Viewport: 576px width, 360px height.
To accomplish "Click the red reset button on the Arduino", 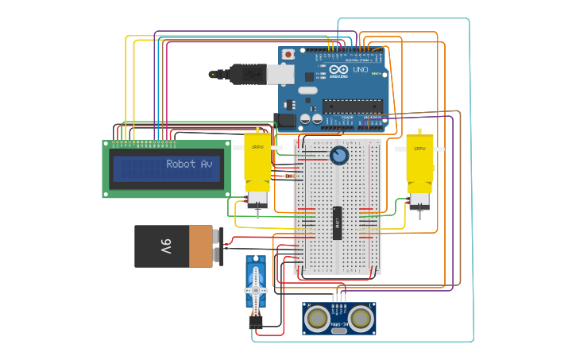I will tap(288, 54).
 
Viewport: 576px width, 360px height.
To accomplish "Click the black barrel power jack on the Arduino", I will tap(284, 119).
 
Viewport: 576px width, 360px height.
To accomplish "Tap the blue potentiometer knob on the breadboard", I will tap(339, 155).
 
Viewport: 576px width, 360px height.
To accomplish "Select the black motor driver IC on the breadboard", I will tap(337, 222).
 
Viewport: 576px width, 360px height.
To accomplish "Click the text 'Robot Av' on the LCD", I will tap(189, 164).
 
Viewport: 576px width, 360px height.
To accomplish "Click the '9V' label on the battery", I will tap(166, 246).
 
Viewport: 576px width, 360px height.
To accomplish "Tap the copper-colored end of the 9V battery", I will tap(201, 246).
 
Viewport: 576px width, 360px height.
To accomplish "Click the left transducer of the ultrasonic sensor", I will tap(318, 318).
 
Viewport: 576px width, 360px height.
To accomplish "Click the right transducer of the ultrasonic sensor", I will tap(361, 318).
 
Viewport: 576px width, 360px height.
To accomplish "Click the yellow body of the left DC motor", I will tap(257, 159).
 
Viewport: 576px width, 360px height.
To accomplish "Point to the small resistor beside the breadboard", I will tap(287, 176).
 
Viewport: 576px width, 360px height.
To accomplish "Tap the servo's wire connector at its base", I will tap(255, 322).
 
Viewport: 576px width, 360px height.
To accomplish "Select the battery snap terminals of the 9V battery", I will tap(218, 246).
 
